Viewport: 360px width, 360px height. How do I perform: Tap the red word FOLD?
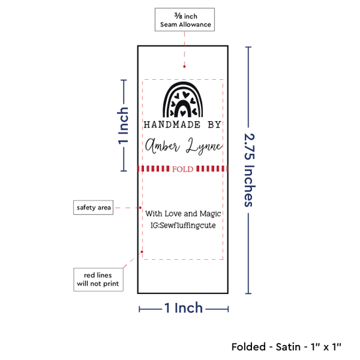183,170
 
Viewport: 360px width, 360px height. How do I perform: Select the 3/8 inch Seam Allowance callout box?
185,20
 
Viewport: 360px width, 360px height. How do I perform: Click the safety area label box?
93,207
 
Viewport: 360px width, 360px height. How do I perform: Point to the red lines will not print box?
98,279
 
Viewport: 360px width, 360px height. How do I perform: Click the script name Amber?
162,146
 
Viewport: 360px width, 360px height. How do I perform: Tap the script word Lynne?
204,146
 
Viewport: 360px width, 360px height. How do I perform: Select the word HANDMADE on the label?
172,124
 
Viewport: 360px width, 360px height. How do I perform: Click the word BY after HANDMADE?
215,124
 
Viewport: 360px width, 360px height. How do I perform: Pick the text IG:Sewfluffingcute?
183,225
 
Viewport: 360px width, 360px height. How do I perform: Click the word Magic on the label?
210,214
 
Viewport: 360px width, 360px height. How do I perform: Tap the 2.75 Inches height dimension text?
249,170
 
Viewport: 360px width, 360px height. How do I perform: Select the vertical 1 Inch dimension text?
123,126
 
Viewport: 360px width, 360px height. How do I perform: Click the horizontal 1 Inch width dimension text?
184,308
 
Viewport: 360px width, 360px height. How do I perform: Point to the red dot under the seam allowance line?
185,67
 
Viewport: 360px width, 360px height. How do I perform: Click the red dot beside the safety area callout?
140,207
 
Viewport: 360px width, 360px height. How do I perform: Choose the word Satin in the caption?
288,347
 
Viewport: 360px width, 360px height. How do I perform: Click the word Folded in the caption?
249,347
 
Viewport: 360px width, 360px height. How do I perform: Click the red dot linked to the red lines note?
142,252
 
